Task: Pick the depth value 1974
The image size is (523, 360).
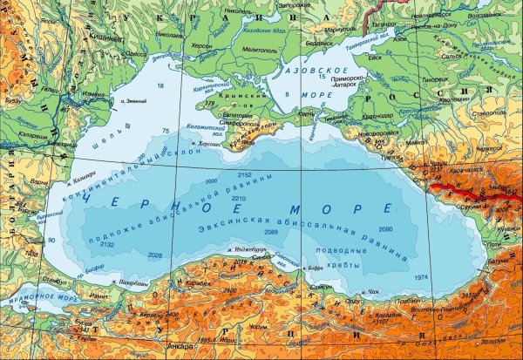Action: coord(422,276)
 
